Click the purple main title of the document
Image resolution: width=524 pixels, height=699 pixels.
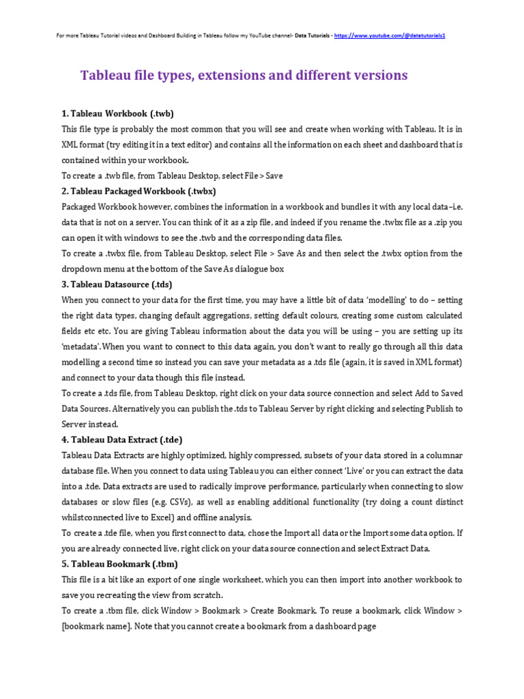click(x=244, y=75)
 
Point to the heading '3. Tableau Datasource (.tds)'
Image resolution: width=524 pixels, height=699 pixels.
click(x=117, y=284)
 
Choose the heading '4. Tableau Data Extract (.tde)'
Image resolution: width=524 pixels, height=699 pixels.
click(x=122, y=440)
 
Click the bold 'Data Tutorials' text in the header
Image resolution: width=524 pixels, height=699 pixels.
click(x=313, y=35)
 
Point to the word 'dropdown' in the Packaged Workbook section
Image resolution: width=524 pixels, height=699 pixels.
click(x=83, y=269)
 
